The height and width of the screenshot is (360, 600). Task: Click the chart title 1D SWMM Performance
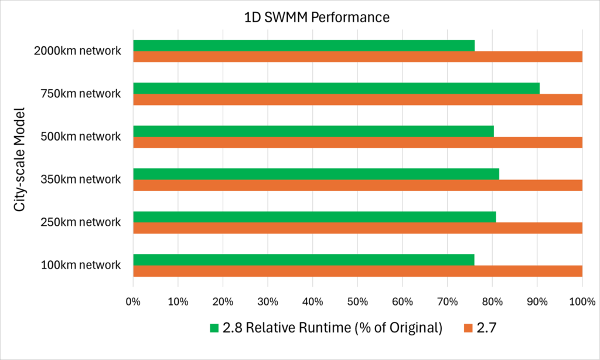tap(316, 18)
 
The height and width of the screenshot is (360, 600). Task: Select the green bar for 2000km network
tap(304, 45)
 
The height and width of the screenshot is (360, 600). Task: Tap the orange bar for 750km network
tap(357, 100)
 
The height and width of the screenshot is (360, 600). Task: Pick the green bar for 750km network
tap(336, 89)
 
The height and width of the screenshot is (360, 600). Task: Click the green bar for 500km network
tap(313, 131)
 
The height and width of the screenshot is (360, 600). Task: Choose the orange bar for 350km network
tap(357, 185)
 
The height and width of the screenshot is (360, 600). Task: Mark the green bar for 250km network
tap(315, 217)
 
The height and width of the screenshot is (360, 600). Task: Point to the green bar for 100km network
tap(304, 260)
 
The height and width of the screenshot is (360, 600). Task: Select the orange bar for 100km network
tap(357, 271)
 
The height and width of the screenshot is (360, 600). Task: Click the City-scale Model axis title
tap(21, 158)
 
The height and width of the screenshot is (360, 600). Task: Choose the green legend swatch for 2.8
tap(213, 328)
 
